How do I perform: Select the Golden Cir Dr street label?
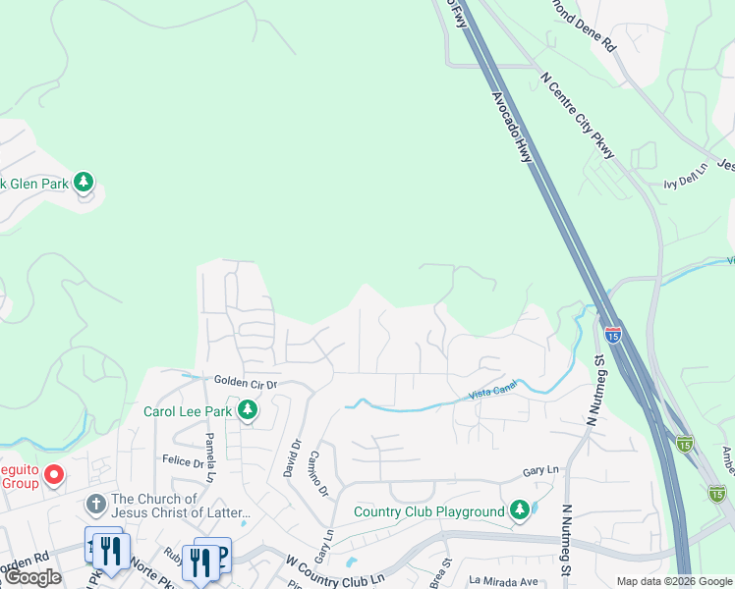coord(245,382)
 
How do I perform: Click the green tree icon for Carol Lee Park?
coord(250,410)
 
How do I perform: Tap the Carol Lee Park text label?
coord(188,411)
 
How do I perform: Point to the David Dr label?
coord(292,456)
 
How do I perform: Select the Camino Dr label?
coord(317,472)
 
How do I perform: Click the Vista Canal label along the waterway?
coord(487,393)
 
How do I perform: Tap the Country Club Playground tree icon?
coord(519,509)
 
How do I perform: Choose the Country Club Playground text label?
coord(428,510)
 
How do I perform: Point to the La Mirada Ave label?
coord(503,582)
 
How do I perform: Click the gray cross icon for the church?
coord(94,505)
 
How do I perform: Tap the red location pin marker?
coord(54,476)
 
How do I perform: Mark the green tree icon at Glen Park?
coord(85,182)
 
